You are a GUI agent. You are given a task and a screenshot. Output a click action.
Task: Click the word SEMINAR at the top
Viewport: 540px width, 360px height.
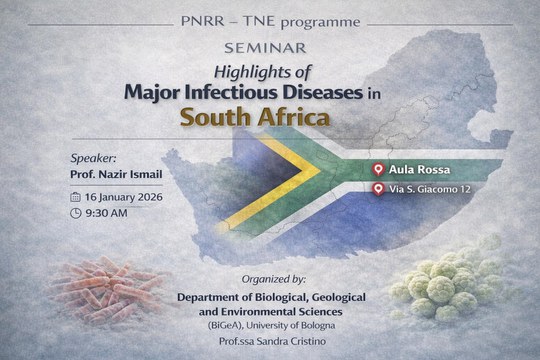point(270,48)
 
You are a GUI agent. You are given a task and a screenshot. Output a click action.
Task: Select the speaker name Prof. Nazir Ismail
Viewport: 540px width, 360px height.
point(123,177)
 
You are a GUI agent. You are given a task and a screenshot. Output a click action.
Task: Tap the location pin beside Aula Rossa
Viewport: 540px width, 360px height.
point(378,170)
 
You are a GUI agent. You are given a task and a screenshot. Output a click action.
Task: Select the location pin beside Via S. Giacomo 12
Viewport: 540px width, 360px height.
point(378,190)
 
